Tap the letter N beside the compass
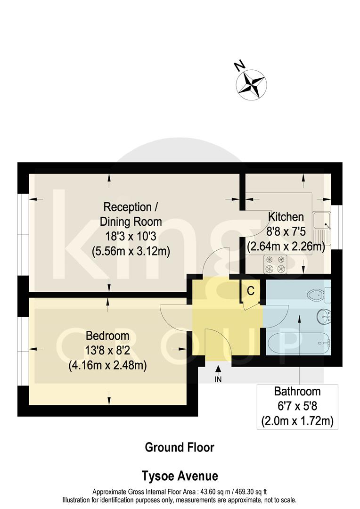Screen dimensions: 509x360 [239, 66]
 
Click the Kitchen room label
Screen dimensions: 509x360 [286, 217]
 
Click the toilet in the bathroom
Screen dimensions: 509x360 [317, 296]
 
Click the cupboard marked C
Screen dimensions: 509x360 [251, 291]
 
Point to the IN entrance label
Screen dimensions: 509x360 [218, 378]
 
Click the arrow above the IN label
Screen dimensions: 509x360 [218, 369]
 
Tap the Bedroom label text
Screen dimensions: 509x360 [107, 336]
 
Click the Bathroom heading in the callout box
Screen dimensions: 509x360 [297, 391]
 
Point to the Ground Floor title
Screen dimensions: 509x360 [179, 447]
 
